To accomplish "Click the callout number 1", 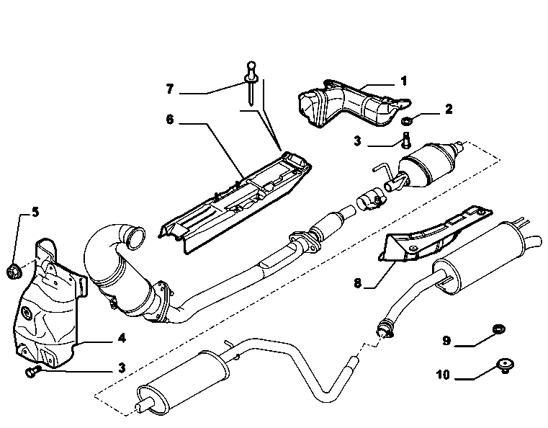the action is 404,81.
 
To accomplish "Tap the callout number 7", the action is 170,89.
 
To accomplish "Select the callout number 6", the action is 170,120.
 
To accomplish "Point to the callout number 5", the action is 35,212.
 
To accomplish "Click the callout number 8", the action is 357,283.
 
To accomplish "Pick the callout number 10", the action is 442,375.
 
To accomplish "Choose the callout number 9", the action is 446,340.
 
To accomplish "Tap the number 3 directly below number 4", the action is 122,368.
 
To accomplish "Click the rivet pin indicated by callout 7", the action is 251,83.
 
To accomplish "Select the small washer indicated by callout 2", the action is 406,121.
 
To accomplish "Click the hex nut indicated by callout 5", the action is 14,272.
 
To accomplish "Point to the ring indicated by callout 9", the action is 498,329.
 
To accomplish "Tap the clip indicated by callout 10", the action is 505,366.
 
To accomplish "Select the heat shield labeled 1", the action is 353,103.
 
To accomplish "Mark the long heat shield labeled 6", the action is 235,202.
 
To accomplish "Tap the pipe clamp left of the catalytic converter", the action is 370,200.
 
